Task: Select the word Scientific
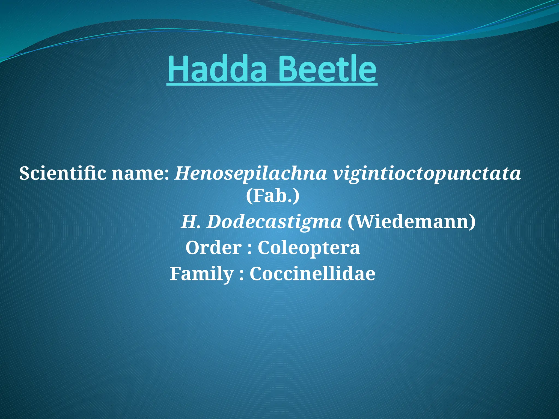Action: tap(63, 173)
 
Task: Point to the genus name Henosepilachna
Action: tap(251, 173)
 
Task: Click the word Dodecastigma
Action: tap(274, 222)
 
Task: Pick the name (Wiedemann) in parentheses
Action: tap(412, 222)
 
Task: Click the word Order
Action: tap(213, 248)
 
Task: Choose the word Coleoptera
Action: tap(309, 248)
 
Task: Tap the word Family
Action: tap(202, 274)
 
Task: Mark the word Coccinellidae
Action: tap(313, 274)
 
